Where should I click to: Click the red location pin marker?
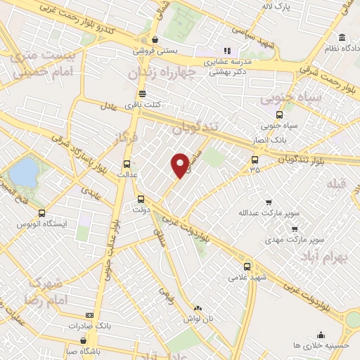click(x=181, y=165)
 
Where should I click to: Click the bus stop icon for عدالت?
click(x=126, y=160)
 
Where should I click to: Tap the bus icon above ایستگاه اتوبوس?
click(x=41, y=213)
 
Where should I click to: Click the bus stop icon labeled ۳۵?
click(x=255, y=160)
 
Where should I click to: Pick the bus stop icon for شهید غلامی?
click(x=247, y=266)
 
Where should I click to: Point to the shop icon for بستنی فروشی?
click(x=154, y=40)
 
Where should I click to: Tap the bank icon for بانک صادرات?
click(x=89, y=316)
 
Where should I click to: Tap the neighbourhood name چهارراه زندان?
click(x=166, y=74)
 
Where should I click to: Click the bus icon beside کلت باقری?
click(x=142, y=94)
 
